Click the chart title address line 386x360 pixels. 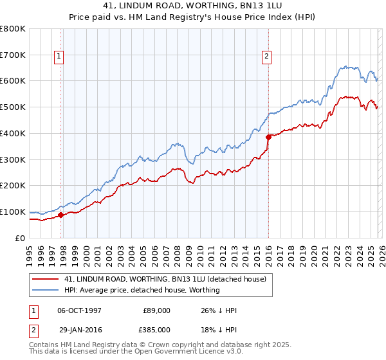[x=193, y=6]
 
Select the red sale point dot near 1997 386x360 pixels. [x=61, y=215]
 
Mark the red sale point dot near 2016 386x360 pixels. [x=268, y=136]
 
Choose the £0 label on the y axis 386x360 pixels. [x=21, y=238]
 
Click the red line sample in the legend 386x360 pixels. [x=45, y=278]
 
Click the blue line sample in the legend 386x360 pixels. [x=45, y=290]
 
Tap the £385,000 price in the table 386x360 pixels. [x=156, y=328]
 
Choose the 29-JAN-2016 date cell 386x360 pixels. [x=79, y=328]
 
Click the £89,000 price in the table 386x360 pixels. [x=156, y=310]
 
